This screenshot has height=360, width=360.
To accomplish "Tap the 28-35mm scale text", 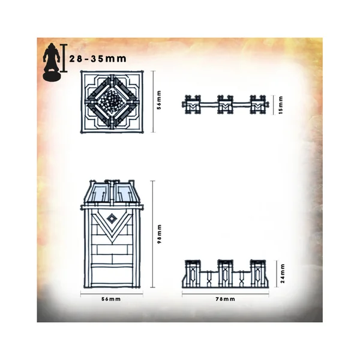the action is pyautogui.click(x=98, y=59).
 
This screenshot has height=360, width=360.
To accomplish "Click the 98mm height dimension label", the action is pyautogui.click(x=160, y=234).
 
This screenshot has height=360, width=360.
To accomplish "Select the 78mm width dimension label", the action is pyautogui.click(x=225, y=299).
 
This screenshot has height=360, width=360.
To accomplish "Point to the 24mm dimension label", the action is pyautogui.click(x=283, y=273).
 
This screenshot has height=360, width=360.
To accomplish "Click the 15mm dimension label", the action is pyautogui.click(x=281, y=105).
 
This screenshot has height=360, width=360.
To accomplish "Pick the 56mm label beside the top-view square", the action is pyautogui.click(x=159, y=100).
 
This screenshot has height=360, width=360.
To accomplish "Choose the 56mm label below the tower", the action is pyautogui.click(x=111, y=299).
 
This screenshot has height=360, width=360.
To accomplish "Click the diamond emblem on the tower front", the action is pyautogui.click(x=112, y=219).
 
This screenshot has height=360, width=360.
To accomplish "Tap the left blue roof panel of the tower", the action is pyautogui.click(x=99, y=192).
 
